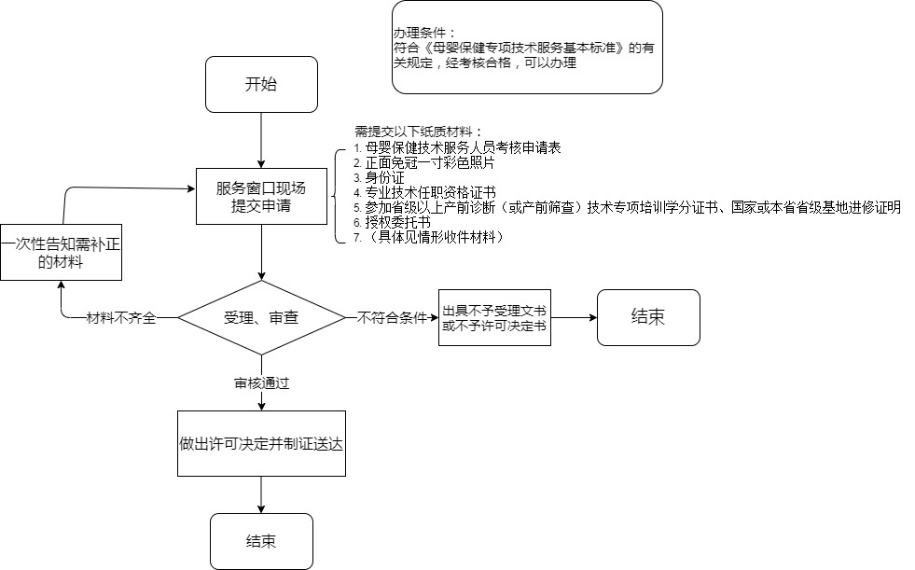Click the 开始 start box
tap(261, 84)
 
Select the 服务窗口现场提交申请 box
tap(261, 197)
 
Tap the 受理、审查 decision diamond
tap(261, 317)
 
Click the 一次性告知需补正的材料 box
tap(61, 252)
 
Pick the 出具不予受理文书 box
tap(494, 317)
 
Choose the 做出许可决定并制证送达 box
tap(261, 443)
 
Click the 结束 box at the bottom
tap(261, 541)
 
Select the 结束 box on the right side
tap(648, 317)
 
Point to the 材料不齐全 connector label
tap(121, 318)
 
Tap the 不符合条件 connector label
tap(392, 318)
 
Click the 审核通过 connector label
tap(261, 383)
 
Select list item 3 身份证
tap(379, 177)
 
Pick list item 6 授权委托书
tap(392, 222)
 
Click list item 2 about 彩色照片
tap(423, 162)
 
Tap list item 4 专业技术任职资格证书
tap(424, 192)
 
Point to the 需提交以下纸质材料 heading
tap(419, 132)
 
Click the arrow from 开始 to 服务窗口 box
tap(261, 140)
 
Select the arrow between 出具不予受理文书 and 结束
tap(575, 318)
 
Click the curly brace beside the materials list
tap(338, 196)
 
